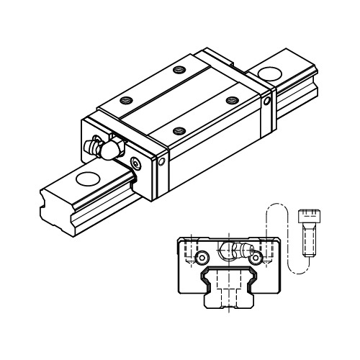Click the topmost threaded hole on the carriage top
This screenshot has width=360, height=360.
click(x=177, y=70)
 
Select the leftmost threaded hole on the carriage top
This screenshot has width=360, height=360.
click(x=127, y=101)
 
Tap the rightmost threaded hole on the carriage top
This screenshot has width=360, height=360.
click(x=231, y=101)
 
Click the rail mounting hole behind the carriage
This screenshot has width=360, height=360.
click(x=270, y=73)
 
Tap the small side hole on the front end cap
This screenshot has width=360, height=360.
click(x=161, y=162)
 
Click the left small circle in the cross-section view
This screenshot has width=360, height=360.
click(x=204, y=257)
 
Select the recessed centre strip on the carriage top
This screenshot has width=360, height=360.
click(x=180, y=101)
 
